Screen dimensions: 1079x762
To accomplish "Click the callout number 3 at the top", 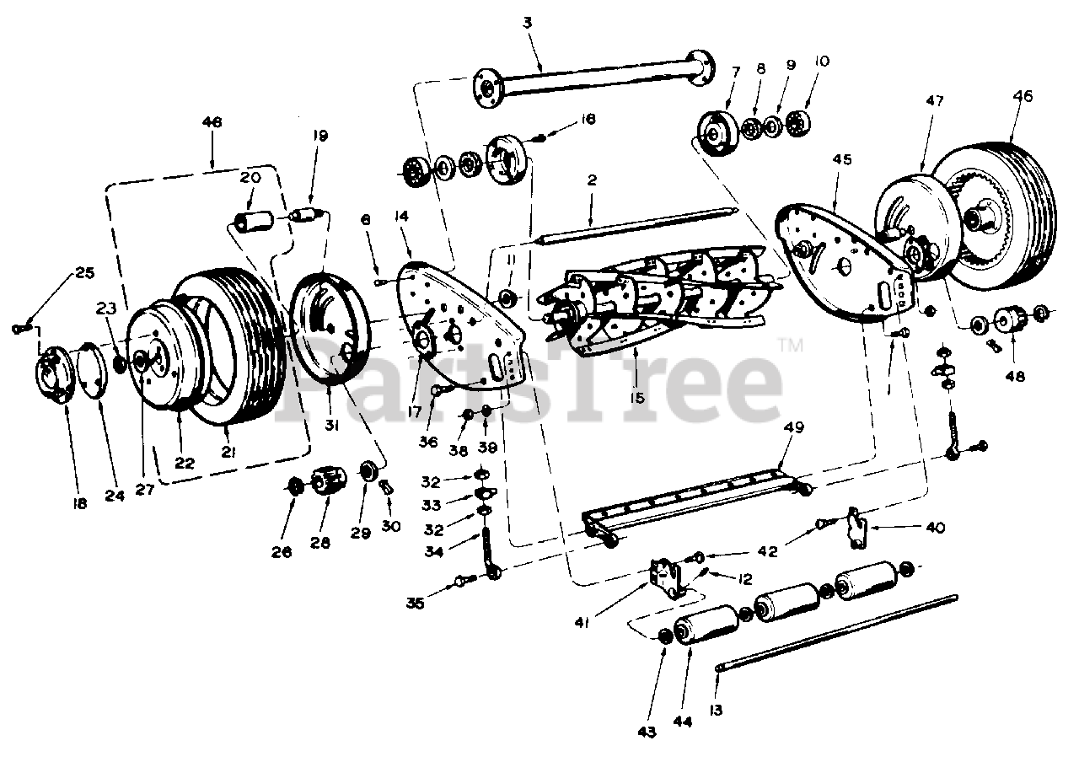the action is click(528, 23).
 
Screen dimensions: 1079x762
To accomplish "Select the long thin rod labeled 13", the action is click(835, 633).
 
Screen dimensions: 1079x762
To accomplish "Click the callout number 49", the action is click(794, 427).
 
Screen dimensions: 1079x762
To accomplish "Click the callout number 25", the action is click(85, 272).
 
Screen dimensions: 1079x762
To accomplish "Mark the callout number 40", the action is click(935, 529).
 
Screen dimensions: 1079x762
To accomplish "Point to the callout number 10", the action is click(822, 62).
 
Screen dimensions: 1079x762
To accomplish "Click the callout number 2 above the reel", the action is click(593, 181).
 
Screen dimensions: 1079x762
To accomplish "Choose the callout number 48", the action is click(1016, 377).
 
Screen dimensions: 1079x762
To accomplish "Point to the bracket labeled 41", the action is click(670, 577).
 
